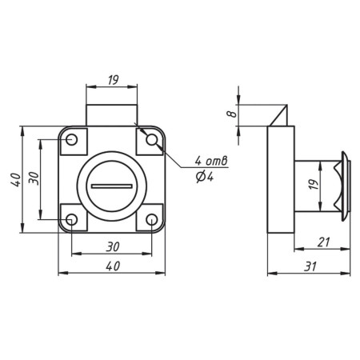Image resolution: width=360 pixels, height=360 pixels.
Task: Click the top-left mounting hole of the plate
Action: [x=71, y=139]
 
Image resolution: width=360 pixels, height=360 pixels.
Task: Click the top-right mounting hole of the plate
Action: [x=152, y=139]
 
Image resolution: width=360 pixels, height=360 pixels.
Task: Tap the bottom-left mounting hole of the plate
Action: [x=71, y=219]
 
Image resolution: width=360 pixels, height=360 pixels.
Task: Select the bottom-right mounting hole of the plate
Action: [x=152, y=219]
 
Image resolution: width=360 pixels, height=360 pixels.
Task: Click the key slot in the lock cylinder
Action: [x=112, y=186]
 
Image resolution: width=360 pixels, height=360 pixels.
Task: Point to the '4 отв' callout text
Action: [x=211, y=161]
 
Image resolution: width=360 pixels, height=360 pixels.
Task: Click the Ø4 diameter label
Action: [x=205, y=177]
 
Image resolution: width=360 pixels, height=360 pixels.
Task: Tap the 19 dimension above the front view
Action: [x=113, y=80]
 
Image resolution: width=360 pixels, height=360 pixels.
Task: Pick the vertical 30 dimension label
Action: [x=34, y=178]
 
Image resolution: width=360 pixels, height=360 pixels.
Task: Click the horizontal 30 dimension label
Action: [x=113, y=247]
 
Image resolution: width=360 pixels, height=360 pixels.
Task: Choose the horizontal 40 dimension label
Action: [x=113, y=266]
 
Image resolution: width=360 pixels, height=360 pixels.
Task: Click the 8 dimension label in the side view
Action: [x=232, y=114]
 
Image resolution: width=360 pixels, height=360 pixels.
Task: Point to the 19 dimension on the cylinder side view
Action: [x=314, y=184]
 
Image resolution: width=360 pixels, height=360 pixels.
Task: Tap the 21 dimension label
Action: [x=324, y=242]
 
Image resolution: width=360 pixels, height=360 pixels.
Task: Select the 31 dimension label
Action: [x=310, y=266]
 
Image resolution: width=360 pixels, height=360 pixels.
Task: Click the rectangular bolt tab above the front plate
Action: [x=112, y=115]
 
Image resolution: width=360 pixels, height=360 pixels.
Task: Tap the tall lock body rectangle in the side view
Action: [x=281, y=179]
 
